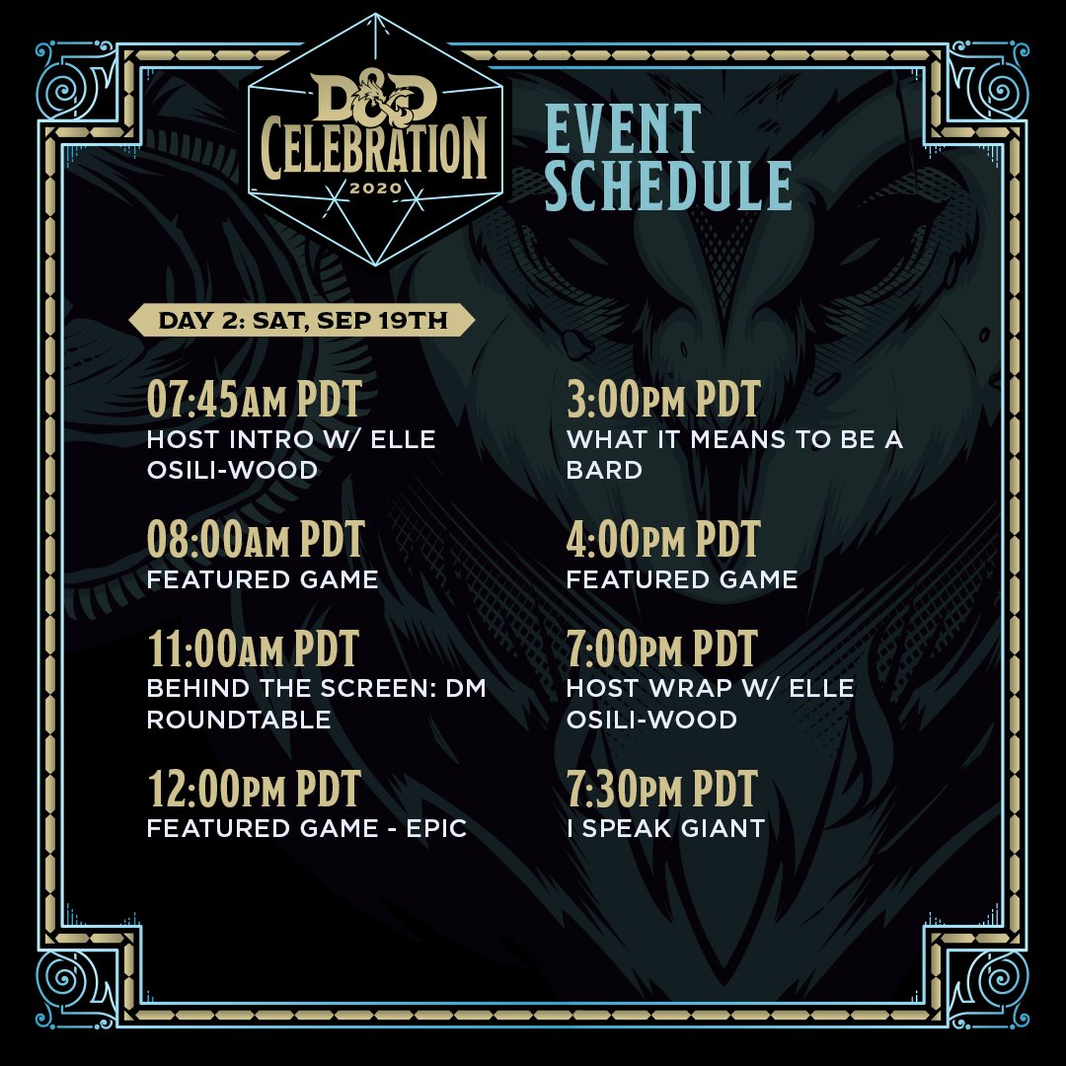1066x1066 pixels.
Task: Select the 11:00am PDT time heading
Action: coord(253,649)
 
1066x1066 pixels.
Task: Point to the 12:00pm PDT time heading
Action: coord(254,790)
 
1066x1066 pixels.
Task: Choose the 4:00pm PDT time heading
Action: coord(663,540)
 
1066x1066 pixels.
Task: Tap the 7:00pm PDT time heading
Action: coord(662,649)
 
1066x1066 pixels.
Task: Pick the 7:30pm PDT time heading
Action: coord(662,790)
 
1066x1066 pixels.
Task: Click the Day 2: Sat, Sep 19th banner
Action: coord(302,322)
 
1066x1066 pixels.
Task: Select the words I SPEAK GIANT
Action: coord(666,829)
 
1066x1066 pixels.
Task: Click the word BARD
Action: coord(604,470)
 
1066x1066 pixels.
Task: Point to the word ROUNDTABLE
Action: coord(239,720)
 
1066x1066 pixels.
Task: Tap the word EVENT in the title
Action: coord(623,128)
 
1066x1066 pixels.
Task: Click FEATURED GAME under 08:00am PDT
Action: coord(263,579)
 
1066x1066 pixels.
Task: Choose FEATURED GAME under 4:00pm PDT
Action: coord(682,579)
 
